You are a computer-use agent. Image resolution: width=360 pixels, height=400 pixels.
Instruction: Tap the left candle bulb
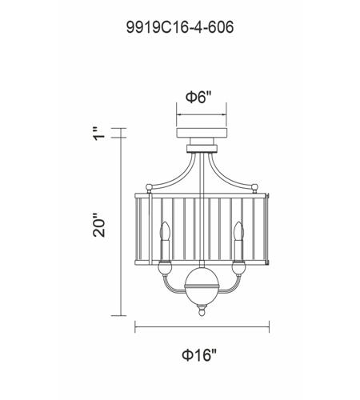[x=165, y=232]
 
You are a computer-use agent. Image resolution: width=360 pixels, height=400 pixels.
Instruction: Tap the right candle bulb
[x=238, y=232]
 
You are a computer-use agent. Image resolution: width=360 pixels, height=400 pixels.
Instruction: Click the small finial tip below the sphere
[x=201, y=315]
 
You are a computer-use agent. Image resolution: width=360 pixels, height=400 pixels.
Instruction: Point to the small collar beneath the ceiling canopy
[x=201, y=146]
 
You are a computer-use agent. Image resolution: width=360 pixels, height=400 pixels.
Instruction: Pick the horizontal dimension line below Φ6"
[x=201, y=113]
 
